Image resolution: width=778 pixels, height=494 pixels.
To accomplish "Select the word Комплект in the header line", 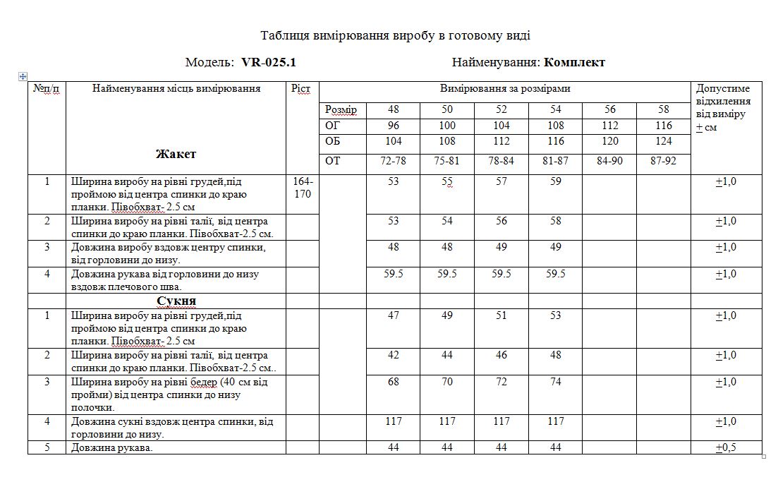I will click(x=574, y=62).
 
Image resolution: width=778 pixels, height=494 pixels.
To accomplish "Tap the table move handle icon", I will click(x=23, y=76).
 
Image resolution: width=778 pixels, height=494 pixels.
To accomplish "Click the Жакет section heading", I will click(x=176, y=154).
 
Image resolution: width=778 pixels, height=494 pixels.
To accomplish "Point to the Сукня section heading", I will click(x=176, y=301).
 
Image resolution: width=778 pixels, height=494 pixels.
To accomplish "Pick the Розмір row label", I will click(x=341, y=110).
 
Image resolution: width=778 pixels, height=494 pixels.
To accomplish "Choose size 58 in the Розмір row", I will click(x=663, y=109).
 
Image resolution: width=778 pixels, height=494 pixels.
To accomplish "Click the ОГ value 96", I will click(x=393, y=126).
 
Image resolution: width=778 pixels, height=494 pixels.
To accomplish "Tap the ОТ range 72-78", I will click(x=393, y=161).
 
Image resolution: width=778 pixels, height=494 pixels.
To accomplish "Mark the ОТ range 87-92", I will click(x=663, y=161).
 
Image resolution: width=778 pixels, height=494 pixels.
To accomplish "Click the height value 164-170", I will click(x=302, y=188).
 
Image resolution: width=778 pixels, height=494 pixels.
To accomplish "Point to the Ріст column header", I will click(x=300, y=89).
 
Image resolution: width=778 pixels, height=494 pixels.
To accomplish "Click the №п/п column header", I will click(x=47, y=89).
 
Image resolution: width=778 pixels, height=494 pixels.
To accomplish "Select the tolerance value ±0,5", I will click(x=726, y=448).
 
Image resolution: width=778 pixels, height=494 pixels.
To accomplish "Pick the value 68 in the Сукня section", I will click(x=393, y=382).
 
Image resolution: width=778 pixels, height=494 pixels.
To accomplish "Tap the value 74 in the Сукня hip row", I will click(x=556, y=382).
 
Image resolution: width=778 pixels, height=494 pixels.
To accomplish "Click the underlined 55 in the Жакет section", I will click(x=447, y=182).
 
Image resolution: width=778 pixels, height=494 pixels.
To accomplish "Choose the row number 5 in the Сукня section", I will click(x=47, y=448).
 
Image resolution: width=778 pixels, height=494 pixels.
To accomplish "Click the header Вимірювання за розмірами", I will click(x=505, y=89).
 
